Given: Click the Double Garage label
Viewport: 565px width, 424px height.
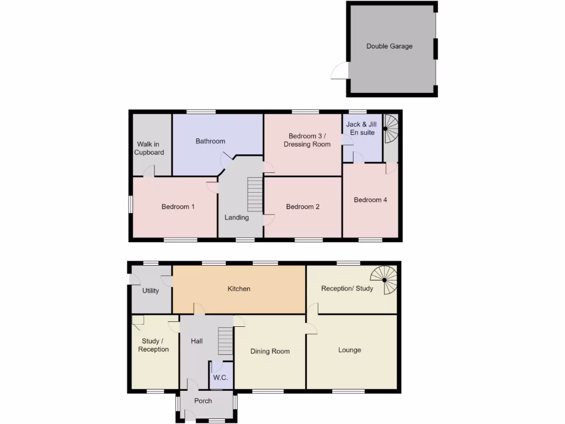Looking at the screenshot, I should [x=389, y=46].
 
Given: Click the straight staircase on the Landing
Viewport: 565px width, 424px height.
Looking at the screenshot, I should [x=254, y=194].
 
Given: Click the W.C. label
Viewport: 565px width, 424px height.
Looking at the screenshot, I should [x=221, y=378].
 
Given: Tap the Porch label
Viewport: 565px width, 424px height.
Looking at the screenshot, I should [x=203, y=401].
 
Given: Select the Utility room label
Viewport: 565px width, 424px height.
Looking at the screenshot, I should [x=151, y=291].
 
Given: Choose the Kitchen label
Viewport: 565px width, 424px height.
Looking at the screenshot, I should [x=239, y=289].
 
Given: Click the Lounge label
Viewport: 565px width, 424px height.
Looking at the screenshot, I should [x=350, y=350].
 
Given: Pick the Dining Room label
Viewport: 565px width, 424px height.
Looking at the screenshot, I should [x=270, y=351].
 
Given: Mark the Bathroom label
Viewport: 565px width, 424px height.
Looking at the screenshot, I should [x=210, y=141].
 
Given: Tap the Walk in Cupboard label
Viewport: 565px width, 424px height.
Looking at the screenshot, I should [x=149, y=149].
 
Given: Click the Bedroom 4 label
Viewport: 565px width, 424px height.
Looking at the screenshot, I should [x=370, y=200].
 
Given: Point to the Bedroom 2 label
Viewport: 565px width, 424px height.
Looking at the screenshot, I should [x=302, y=207].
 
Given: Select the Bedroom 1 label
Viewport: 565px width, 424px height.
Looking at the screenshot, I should [x=178, y=207].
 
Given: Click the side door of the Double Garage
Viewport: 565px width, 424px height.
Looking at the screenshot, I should [x=339, y=72].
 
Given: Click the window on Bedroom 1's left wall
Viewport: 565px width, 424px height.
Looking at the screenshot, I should [x=130, y=204].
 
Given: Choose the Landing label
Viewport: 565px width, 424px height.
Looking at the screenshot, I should [x=236, y=218].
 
